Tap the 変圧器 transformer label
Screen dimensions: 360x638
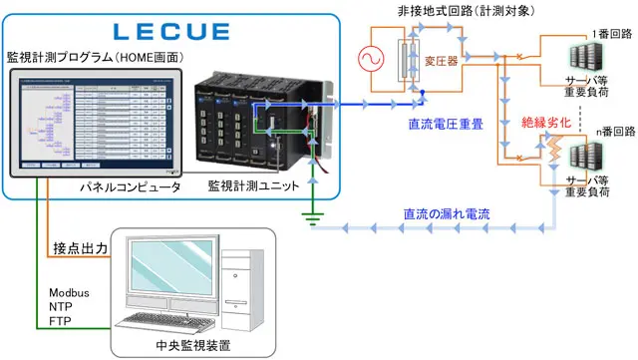[x=440, y=60]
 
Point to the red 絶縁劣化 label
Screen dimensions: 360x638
[x=549, y=123]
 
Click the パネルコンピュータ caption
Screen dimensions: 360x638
[x=131, y=186]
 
